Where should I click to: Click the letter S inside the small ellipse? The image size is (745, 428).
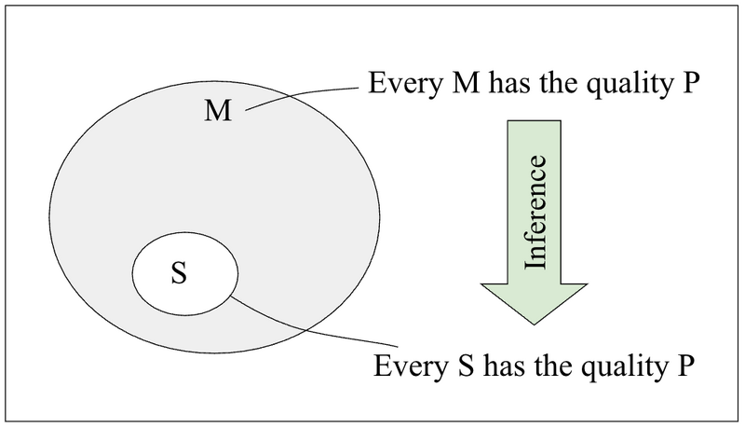180,275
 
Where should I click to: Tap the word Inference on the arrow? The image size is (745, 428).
535,214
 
